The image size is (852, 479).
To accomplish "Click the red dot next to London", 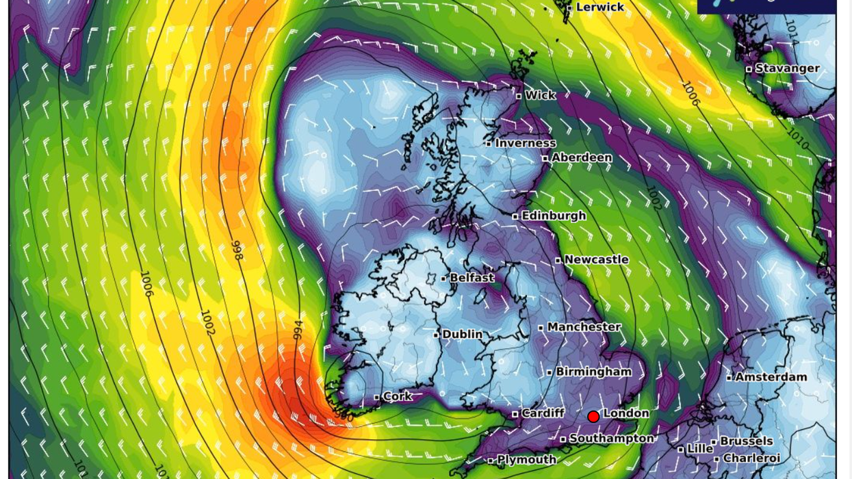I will (x=593, y=416).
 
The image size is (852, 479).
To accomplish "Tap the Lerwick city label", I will (x=599, y=7).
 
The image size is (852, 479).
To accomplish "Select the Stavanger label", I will (x=787, y=68).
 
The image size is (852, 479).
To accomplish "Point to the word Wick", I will (x=540, y=95).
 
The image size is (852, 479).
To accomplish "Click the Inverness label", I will (x=525, y=143).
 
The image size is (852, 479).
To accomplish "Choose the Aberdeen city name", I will (x=582, y=157).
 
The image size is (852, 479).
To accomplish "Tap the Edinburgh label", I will (x=553, y=216).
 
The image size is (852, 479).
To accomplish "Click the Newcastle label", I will (x=596, y=259).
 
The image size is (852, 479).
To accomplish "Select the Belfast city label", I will (x=472, y=278).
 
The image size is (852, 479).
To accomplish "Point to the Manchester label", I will (x=584, y=327).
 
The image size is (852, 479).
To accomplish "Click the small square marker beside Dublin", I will (x=437, y=335).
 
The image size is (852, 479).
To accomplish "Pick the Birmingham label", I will (x=593, y=372).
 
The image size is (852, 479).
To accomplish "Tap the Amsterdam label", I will (x=771, y=377).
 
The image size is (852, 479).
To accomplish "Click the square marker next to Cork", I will (x=377, y=397).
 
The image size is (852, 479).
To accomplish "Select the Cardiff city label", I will (x=543, y=413).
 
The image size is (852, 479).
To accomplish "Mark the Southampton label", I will (x=611, y=439).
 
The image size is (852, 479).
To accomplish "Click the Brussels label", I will (x=746, y=441).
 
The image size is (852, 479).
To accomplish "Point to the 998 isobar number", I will (x=237, y=250).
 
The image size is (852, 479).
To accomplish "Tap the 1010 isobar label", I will (x=797, y=139).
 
